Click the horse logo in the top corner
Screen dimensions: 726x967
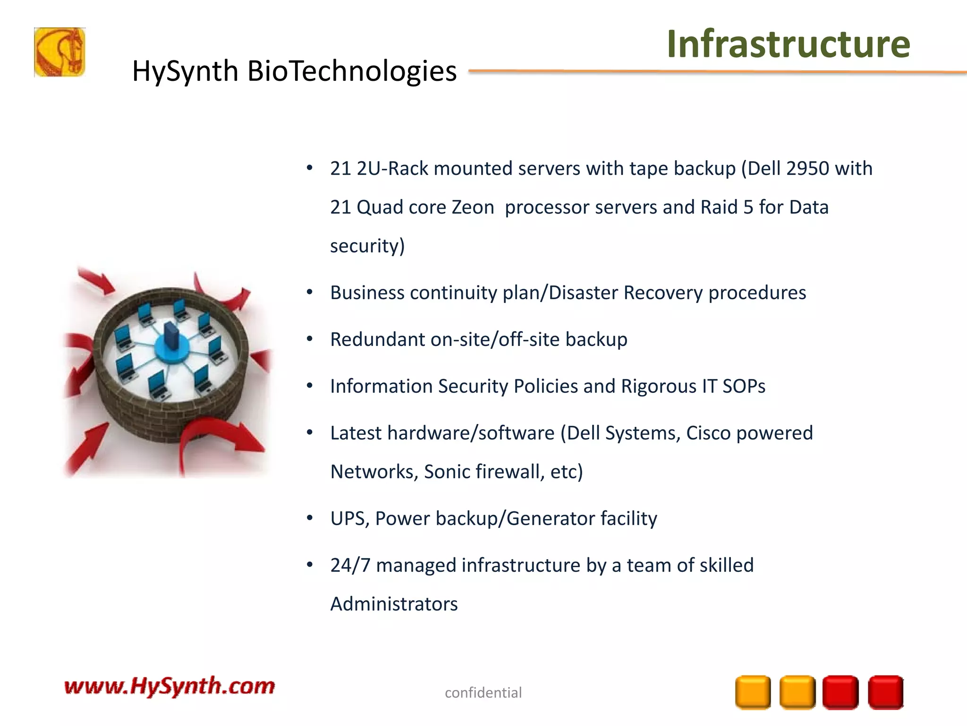coord(59,52)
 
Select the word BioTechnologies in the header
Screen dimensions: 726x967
coord(352,71)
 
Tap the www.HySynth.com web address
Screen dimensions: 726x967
coord(170,686)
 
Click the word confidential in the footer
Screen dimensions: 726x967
coord(483,692)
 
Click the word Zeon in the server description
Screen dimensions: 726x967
coord(473,207)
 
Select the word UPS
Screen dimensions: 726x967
coord(349,519)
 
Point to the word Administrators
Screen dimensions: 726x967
coord(394,605)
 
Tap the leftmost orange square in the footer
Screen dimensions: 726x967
coord(753,692)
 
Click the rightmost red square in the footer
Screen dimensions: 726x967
coord(885,692)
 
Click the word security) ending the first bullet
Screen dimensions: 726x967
coord(367,246)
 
